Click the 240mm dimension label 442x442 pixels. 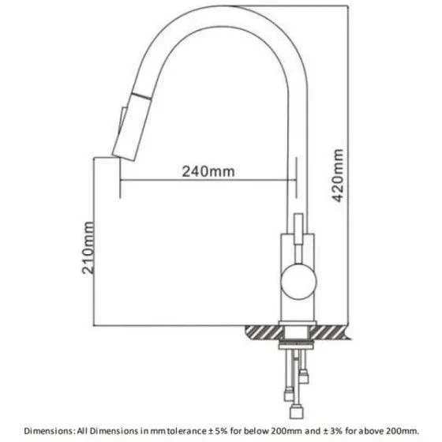coord(208,171)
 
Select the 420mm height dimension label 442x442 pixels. coord(338,175)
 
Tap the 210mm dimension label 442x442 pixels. coord(88,248)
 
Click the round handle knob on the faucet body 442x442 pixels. coord(299,281)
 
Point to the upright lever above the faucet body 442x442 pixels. coord(298,229)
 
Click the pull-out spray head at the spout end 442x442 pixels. coord(131,127)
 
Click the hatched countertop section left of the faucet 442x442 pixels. coord(264,331)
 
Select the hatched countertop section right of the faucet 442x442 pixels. coord(330,332)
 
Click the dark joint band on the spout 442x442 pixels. coord(142,96)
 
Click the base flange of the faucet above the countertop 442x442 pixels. coord(298,323)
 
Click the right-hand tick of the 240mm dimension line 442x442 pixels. coord(296,178)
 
